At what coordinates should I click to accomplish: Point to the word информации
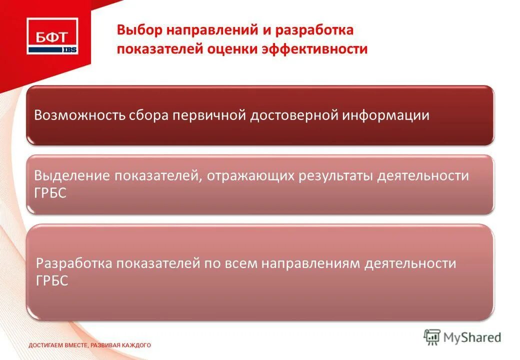pyautogui.click(x=386, y=115)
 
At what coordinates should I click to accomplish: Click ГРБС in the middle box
pyautogui.click(x=50, y=193)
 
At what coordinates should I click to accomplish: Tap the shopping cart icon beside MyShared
pyautogui.click(x=432, y=337)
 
